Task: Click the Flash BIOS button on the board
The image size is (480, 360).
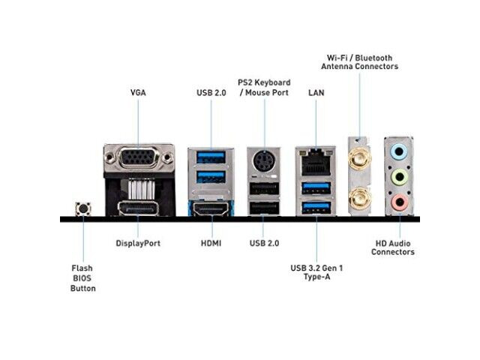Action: (83, 208)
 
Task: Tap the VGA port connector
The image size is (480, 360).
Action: (139, 158)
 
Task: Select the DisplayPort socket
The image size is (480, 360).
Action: (138, 208)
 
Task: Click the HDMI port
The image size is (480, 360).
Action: (211, 208)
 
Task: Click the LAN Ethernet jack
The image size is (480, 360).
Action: (316, 162)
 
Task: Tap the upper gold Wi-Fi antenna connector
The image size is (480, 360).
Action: (360, 158)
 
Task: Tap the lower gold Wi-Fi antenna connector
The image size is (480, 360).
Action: (360, 198)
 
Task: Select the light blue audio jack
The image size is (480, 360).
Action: (399, 151)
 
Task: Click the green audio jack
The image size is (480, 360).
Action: (399, 177)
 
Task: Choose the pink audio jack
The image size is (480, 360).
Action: (399, 202)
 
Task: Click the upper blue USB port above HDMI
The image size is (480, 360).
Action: (211, 157)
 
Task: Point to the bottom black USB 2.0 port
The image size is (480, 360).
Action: (264, 208)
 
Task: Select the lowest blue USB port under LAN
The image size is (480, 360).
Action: (316, 208)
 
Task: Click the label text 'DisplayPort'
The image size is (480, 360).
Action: (138, 243)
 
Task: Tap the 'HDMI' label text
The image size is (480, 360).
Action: (211, 243)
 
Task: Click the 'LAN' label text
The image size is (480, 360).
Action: (316, 93)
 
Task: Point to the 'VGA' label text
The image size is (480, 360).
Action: (138, 93)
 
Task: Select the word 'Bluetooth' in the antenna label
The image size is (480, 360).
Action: (373, 58)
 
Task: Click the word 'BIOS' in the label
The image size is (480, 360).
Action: (82, 278)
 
